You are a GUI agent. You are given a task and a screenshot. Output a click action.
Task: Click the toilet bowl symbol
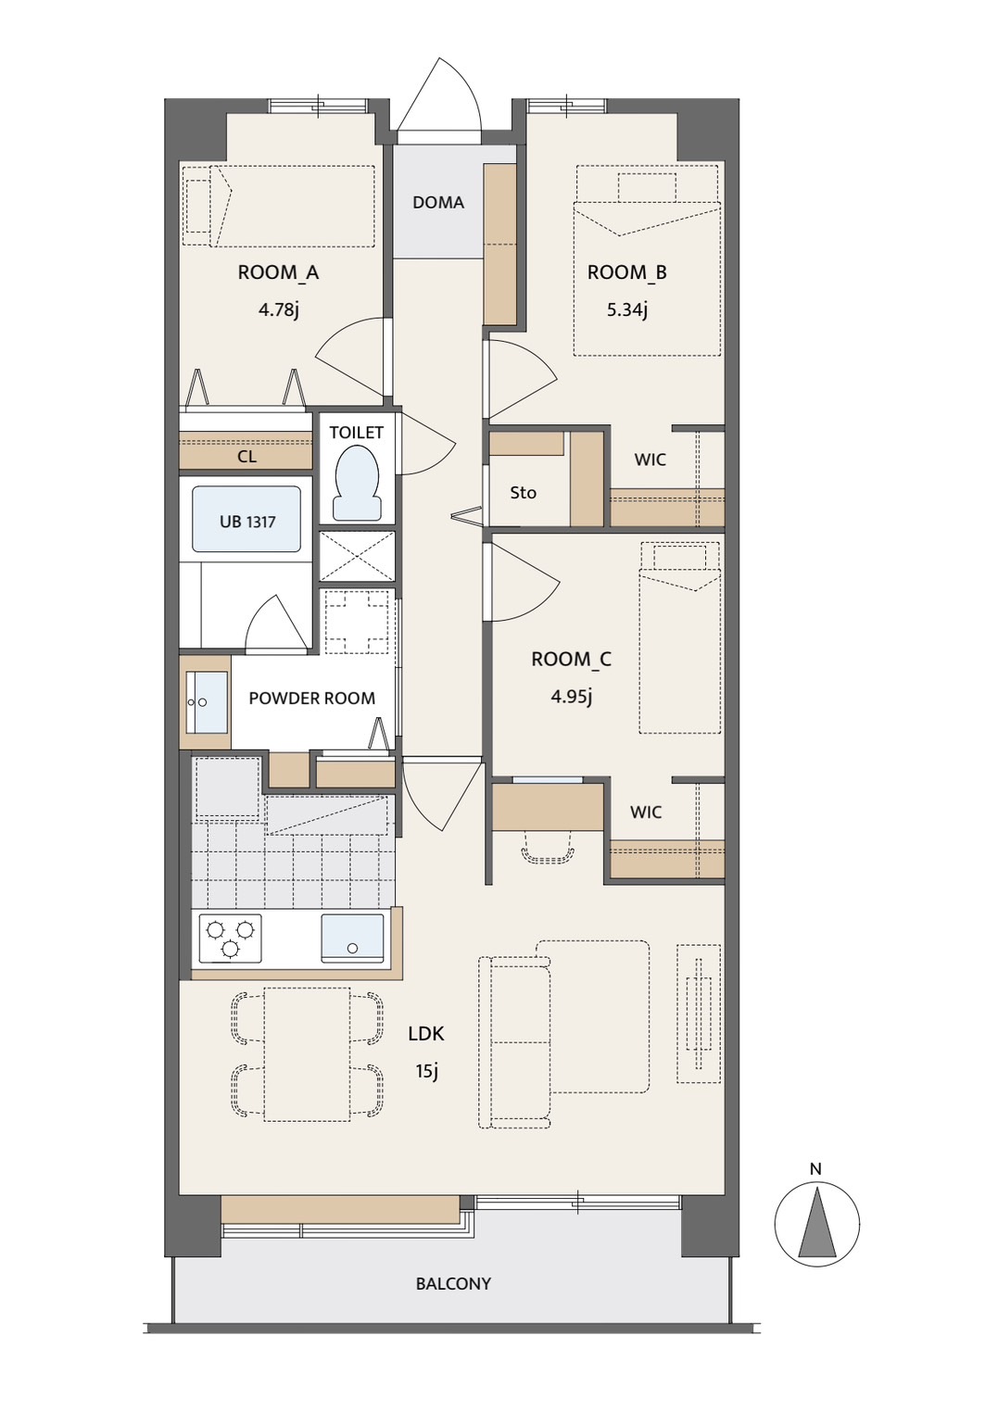[358, 483]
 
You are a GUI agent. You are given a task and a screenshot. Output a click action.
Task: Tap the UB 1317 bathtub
[246, 520]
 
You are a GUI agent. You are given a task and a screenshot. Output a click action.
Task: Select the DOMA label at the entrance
[438, 203]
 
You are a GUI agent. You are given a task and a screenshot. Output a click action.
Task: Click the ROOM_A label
[278, 273]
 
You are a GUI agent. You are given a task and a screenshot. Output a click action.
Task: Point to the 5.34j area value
[627, 310]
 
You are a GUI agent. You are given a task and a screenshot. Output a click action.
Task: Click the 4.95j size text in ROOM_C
[571, 698]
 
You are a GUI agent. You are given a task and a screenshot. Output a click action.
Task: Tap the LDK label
[426, 1034]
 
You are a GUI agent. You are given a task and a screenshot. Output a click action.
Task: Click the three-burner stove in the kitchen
[230, 939]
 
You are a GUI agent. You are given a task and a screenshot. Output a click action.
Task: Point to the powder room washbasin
[207, 702]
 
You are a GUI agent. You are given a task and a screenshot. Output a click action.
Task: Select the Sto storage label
[523, 493]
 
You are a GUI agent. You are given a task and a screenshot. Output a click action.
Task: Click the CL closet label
[247, 457]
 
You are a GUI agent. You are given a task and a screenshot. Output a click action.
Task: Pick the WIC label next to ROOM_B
[651, 460]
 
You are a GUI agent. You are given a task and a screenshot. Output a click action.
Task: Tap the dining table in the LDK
[307, 1054]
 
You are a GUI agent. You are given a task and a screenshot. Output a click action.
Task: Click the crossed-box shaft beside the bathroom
[357, 556]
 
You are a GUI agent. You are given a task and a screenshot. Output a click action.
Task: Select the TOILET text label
[357, 432]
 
